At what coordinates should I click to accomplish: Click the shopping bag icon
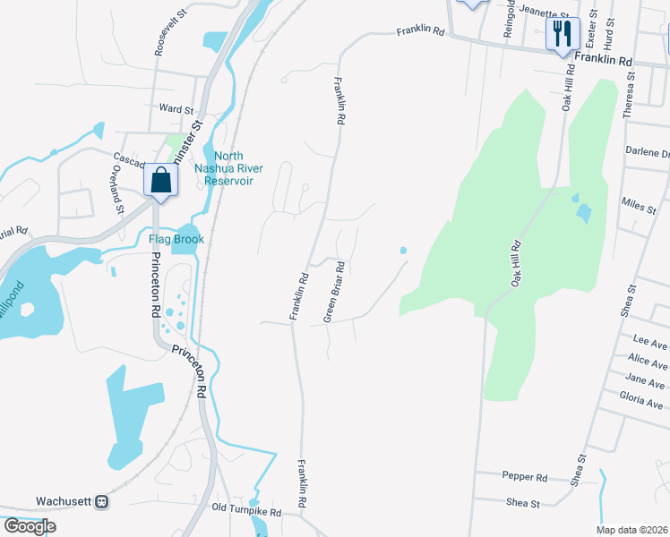[x=159, y=181]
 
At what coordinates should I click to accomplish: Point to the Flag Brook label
[x=176, y=239]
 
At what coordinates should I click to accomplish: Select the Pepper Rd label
[x=524, y=477]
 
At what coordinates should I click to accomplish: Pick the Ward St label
[x=176, y=109]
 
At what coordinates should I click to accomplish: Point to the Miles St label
[x=639, y=208]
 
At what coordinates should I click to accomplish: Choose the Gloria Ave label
[x=642, y=401]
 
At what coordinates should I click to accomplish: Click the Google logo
[x=30, y=526]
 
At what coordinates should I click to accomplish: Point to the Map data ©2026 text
[x=631, y=530]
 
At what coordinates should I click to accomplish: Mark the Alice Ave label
[x=648, y=362]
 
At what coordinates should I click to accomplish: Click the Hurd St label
[x=609, y=33]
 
